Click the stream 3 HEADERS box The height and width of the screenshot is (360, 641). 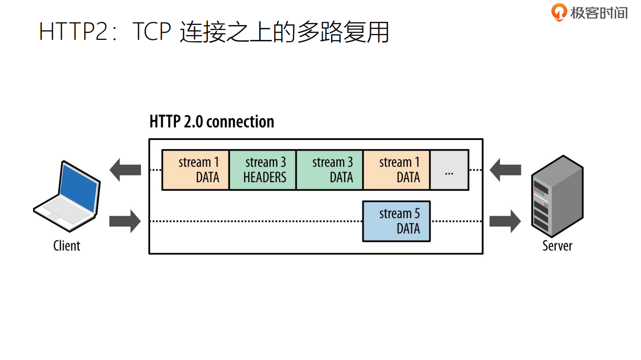262,170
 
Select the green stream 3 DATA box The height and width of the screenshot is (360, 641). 329,170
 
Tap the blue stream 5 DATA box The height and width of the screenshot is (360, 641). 396,221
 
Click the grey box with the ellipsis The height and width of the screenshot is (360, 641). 449,170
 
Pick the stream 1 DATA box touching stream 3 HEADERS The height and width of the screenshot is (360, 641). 195,170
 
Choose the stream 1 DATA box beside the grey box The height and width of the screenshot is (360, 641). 396,170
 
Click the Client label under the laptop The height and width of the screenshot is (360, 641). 67,246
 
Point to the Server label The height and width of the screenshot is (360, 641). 557,246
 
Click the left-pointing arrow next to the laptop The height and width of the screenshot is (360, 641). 125,170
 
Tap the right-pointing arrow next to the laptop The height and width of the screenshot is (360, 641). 125,221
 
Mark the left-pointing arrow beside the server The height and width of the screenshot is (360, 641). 505,170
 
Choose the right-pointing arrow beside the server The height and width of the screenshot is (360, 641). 505,221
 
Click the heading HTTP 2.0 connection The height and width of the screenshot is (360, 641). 212,121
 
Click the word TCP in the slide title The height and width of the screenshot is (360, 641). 151,33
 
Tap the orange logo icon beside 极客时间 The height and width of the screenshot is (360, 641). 559,12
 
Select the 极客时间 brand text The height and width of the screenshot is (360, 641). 599,13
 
